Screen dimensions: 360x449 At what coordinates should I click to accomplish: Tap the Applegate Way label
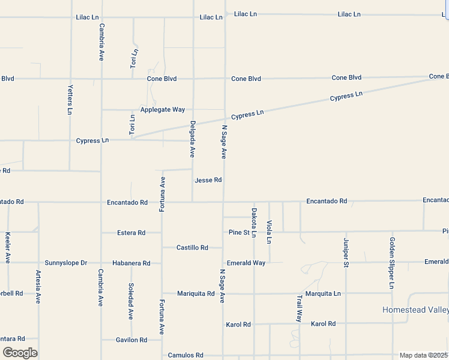point(163,110)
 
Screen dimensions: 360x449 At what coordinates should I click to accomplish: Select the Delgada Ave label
point(193,139)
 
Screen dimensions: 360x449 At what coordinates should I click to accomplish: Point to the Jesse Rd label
point(208,180)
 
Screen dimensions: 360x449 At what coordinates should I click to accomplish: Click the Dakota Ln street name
point(254,222)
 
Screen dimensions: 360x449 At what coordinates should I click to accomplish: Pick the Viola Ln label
point(269,232)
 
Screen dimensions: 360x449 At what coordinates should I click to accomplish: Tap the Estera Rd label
point(131,233)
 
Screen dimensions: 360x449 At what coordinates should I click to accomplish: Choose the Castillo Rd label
point(192,247)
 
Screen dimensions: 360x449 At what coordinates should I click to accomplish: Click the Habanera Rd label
point(131,263)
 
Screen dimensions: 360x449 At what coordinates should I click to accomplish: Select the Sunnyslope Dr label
point(66,263)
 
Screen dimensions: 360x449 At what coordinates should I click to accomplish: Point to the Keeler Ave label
point(8,247)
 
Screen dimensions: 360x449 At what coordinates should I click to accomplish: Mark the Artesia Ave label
point(38,287)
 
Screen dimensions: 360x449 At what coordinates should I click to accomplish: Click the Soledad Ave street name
point(130,301)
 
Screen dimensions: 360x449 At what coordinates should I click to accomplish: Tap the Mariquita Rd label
point(196,293)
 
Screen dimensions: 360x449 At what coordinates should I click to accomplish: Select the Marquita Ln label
point(322,293)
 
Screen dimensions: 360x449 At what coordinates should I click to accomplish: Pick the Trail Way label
point(299,308)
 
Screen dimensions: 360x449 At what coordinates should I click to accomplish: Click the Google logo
point(20,353)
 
